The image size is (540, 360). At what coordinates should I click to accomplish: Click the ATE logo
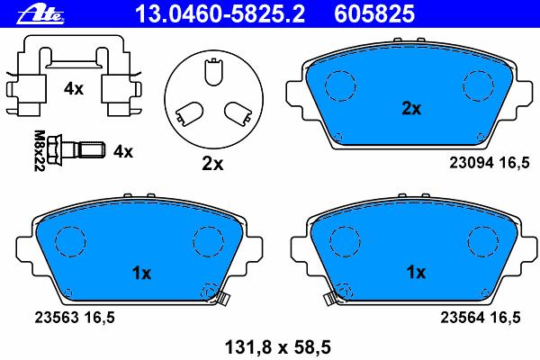point(35,13)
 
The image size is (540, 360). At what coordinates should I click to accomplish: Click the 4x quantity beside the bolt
point(122,152)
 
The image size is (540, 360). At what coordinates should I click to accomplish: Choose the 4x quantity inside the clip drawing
point(73,89)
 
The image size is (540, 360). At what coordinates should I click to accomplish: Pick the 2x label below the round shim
point(211,164)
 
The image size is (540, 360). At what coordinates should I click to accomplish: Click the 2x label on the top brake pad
point(410,109)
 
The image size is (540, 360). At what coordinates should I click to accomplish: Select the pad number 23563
point(55,316)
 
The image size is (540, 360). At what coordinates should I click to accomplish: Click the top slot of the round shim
point(212,71)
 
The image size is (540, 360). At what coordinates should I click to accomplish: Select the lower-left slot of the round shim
point(189,112)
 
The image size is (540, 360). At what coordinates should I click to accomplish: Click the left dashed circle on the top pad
point(340,85)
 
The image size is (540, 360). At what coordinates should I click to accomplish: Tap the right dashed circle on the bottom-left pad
point(208,239)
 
